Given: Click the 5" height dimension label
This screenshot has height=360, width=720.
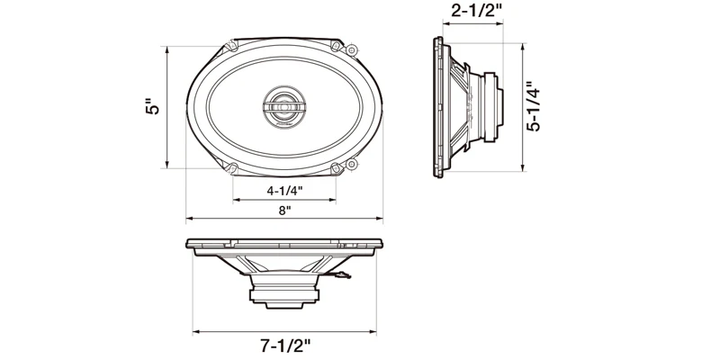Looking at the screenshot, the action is point(153,106).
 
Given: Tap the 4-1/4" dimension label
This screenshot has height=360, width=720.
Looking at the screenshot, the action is point(284,191).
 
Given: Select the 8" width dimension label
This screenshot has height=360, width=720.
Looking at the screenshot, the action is point(284,211).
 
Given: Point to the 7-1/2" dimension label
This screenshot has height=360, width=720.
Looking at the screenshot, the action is point(285,346).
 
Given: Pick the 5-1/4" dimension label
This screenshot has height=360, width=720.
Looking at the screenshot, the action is point(534,107).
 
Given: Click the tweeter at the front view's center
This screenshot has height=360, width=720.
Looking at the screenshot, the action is point(284,106).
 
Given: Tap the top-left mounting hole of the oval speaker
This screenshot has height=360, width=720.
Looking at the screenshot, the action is point(232,45).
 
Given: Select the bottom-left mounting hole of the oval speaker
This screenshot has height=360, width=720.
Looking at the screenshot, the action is point(232,168).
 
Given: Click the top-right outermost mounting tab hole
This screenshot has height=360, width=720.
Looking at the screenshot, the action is point(351,50).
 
